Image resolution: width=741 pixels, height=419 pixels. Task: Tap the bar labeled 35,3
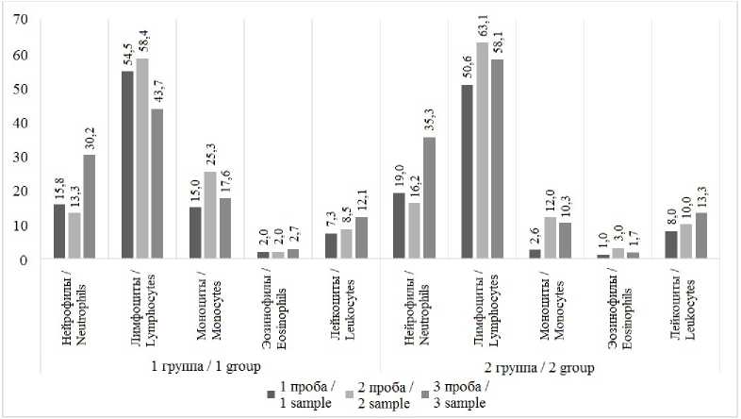(430, 197)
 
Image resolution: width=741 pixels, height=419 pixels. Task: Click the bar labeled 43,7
(157, 183)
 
